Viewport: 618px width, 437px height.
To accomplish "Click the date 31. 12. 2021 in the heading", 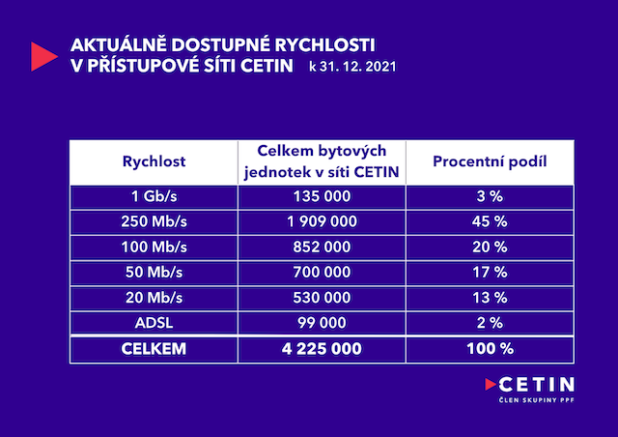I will pos(356,68).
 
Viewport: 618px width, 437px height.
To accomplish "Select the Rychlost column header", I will pos(154,161).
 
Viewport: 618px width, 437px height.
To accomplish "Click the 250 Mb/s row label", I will pos(154,221).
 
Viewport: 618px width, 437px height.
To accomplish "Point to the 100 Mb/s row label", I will pos(154,247).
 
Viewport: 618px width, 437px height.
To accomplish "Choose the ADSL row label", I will pos(154,321).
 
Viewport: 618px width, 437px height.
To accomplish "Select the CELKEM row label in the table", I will pos(154,348).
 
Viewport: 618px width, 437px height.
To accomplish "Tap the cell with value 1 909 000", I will pos(322,221).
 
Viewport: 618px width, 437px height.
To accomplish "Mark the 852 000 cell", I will pos(322,247).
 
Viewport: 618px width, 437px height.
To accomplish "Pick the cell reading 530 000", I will pos(322,296).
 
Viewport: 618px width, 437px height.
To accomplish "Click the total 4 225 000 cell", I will pos(322,348).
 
